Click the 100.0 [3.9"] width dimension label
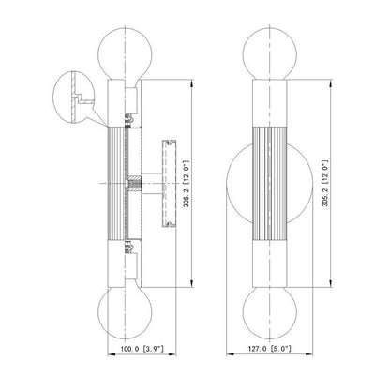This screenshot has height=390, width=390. (x=142, y=349)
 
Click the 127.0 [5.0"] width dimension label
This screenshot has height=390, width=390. (x=270, y=349)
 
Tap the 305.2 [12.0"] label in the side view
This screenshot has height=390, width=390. (x=187, y=184)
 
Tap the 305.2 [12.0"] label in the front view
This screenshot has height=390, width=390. (x=325, y=183)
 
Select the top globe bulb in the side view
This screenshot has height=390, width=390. (x=125, y=53)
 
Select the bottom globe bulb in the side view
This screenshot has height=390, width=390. (x=125, y=312)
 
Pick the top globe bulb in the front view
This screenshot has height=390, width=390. (x=270, y=53)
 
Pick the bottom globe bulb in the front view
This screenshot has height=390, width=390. (x=270, y=313)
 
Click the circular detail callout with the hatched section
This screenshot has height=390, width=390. (x=73, y=97)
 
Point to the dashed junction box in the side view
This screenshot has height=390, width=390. (x=169, y=183)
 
